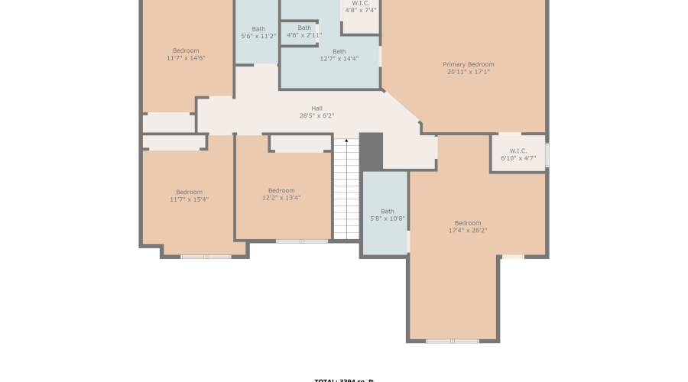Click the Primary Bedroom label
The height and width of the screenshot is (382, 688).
468,64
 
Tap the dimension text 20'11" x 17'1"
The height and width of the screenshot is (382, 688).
468,72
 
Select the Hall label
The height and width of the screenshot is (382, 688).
316,108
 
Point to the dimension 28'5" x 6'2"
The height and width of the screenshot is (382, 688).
316,116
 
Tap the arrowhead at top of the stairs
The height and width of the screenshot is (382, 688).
346,141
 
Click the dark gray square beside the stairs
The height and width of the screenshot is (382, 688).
371,151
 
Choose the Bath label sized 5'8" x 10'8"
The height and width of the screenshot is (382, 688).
388,211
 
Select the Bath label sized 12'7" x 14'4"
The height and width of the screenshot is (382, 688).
339,51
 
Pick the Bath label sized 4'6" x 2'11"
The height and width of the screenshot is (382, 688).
304,28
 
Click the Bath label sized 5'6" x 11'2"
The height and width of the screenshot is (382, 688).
258,29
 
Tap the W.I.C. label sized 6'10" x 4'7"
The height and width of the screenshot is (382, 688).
518,151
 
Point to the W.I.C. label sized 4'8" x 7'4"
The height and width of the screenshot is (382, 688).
361,3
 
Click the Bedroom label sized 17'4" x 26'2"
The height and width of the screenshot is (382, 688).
468,222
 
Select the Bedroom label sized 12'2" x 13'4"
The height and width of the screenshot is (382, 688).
281,190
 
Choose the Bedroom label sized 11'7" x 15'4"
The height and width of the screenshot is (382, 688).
189,192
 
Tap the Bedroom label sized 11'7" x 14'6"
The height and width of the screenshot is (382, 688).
186,50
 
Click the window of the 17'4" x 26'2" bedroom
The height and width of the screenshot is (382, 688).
453,341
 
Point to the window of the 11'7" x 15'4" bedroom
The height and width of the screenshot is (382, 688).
206,257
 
